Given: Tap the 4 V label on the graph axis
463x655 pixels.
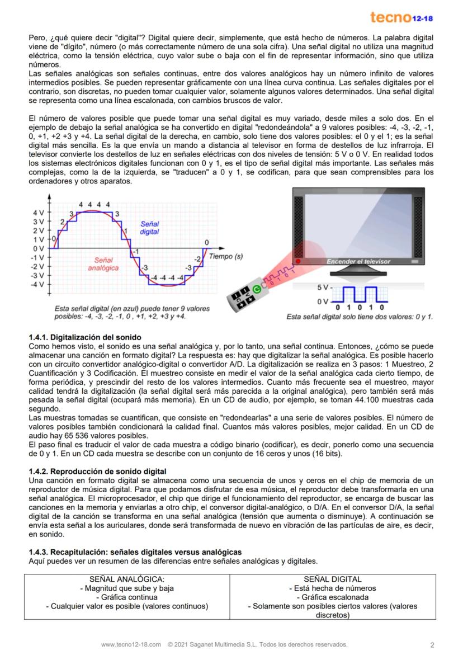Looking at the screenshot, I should pyautogui.click(x=38, y=213).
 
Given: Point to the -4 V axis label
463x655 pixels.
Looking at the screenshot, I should pyautogui.click(x=37, y=285).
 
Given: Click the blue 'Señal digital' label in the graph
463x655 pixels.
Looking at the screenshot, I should pyautogui.click(x=149, y=227).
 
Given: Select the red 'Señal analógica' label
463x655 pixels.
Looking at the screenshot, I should pyautogui.click(x=103, y=264).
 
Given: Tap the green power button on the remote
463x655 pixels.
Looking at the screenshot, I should pyautogui.click(x=257, y=289).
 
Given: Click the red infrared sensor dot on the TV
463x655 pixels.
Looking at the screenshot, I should pyautogui.click(x=298, y=261).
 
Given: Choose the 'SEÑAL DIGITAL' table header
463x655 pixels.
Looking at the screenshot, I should pyautogui.click(x=332, y=579).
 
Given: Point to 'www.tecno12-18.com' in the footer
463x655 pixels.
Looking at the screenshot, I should pyautogui.click(x=131, y=644).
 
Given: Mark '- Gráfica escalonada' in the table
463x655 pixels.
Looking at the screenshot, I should pyautogui.click(x=332, y=597).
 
